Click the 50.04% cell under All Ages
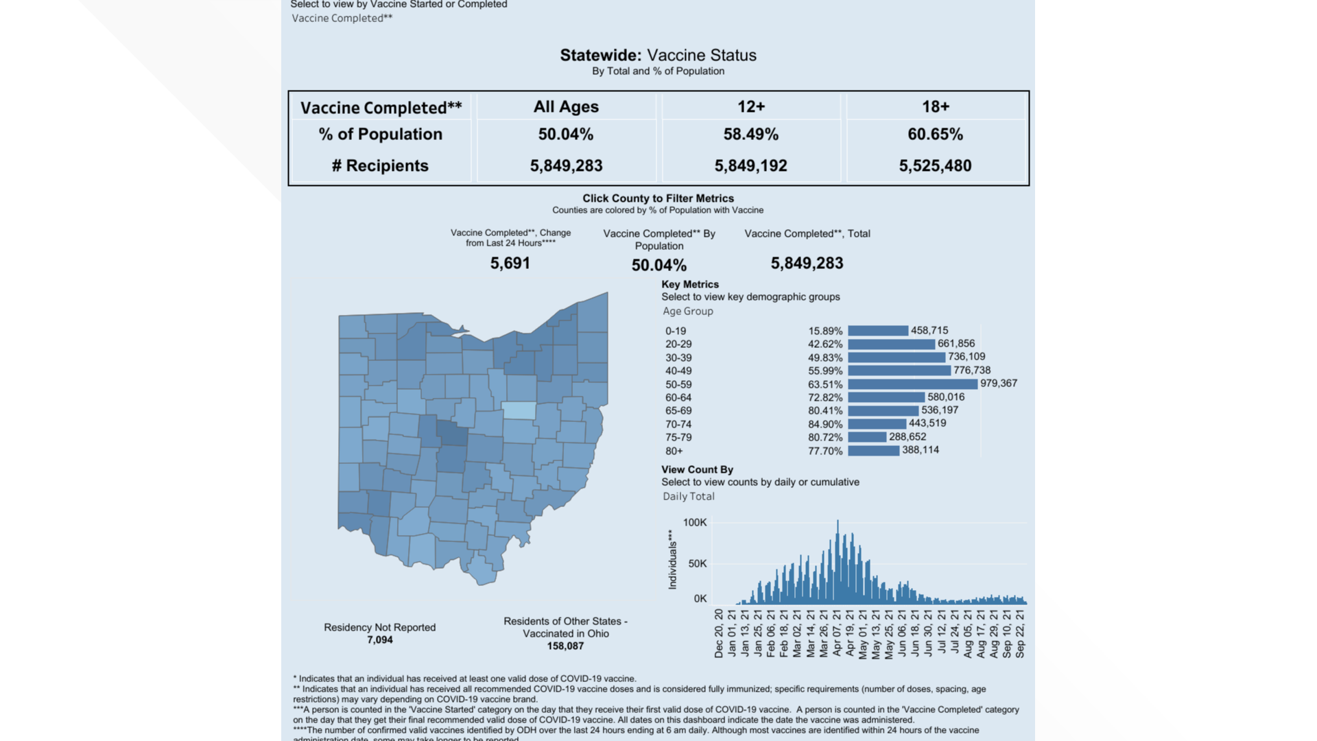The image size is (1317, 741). [565, 134]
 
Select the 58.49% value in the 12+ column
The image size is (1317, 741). [750, 134]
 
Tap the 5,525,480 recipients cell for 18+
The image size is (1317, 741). [935, 166]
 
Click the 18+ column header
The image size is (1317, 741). [935, 107]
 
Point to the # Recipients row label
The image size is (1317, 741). [380, 166]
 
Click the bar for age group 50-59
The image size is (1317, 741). [912, 384]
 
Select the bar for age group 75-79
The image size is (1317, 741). [867, 437]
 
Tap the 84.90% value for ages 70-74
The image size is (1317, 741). [824, 425]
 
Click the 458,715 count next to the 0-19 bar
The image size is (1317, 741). [929, 331]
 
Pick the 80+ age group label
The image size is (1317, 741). [674, 451]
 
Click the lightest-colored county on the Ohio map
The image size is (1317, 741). [519, 410]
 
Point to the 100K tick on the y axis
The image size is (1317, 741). [694, 523]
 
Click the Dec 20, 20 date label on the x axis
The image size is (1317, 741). [719, 633]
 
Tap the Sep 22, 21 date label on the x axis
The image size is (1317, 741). [1020, 633]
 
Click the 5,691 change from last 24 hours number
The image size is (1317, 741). [510, 263]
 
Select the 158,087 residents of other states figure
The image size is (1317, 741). [565, 646]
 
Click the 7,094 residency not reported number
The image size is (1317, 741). [379, 640]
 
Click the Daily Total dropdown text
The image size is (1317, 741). [688, 497]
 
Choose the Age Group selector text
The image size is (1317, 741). [687, 311]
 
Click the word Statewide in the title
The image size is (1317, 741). [600, 56]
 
